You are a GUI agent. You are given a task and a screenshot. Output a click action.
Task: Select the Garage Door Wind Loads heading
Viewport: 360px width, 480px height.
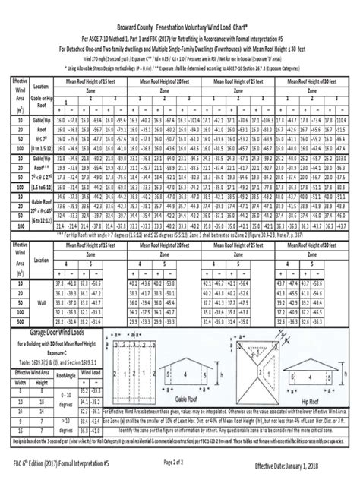63,311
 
